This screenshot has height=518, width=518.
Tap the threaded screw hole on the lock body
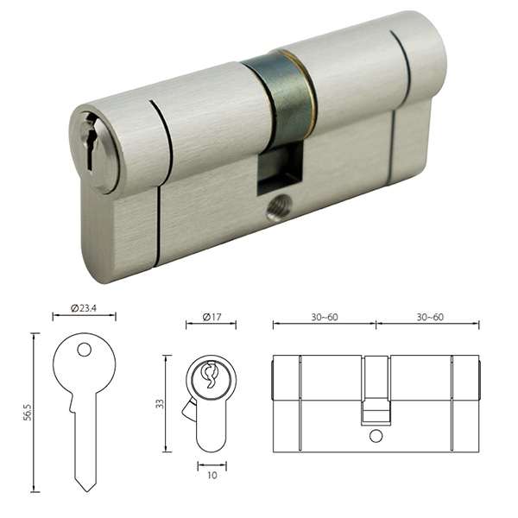(x=277, y=206)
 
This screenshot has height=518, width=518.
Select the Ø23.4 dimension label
(x=84, y=306)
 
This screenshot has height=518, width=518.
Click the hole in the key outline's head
(x=84, y=350)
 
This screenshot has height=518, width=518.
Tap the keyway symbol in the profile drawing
(x=209, y=376)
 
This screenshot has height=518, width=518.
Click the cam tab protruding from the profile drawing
(x=186, y=411)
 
